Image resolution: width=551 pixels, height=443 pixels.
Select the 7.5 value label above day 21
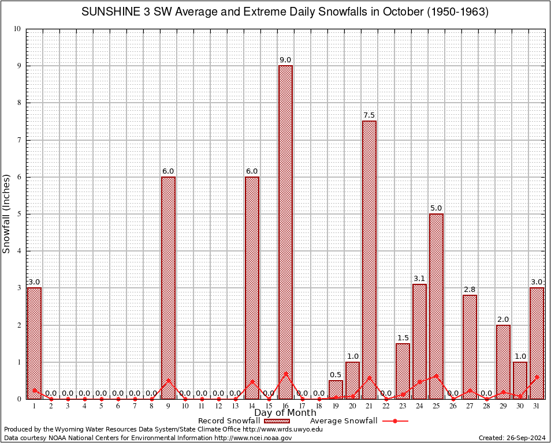coord(369,115)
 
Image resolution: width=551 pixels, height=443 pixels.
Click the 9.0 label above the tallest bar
coord(285,59)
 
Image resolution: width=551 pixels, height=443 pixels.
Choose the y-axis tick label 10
coord(17,29)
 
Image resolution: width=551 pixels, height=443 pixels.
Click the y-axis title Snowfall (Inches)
coord(7,213)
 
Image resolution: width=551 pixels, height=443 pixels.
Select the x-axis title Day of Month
coord(285,413)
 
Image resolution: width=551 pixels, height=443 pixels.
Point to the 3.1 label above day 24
coord(419,278)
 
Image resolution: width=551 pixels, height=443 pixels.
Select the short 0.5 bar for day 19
coord(336,389)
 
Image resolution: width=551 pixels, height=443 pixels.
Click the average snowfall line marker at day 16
coord(285,373)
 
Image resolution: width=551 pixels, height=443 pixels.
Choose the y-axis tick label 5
coord(18,214)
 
